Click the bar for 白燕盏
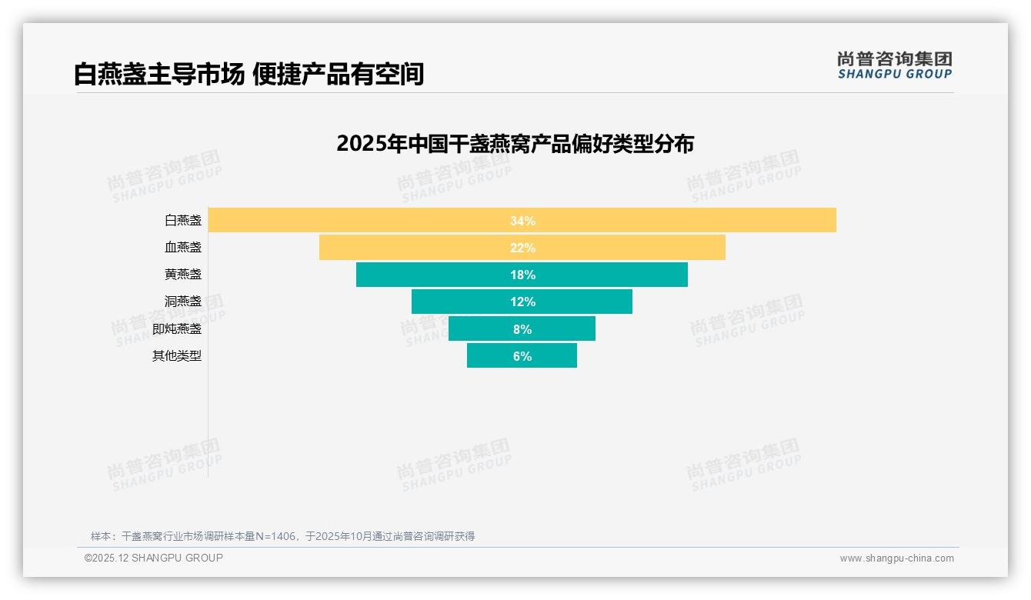(385, 220)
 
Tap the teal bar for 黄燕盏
(431, 275)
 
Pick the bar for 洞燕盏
(462, 302)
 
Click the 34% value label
(522, 221)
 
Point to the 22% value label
(522, 248)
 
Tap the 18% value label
(522, 275)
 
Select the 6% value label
(522, 356)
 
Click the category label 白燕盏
(183, 221)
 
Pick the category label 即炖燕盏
(177, 328)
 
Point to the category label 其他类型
(177, 356)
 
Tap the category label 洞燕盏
(183, 302)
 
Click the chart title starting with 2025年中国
(515, 144)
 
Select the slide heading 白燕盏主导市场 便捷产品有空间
(249, 75)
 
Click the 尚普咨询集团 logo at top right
(894, 65)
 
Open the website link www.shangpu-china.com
(896, 558)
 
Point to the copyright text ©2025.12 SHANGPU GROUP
(154, 558)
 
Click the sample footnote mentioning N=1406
(282, 536)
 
